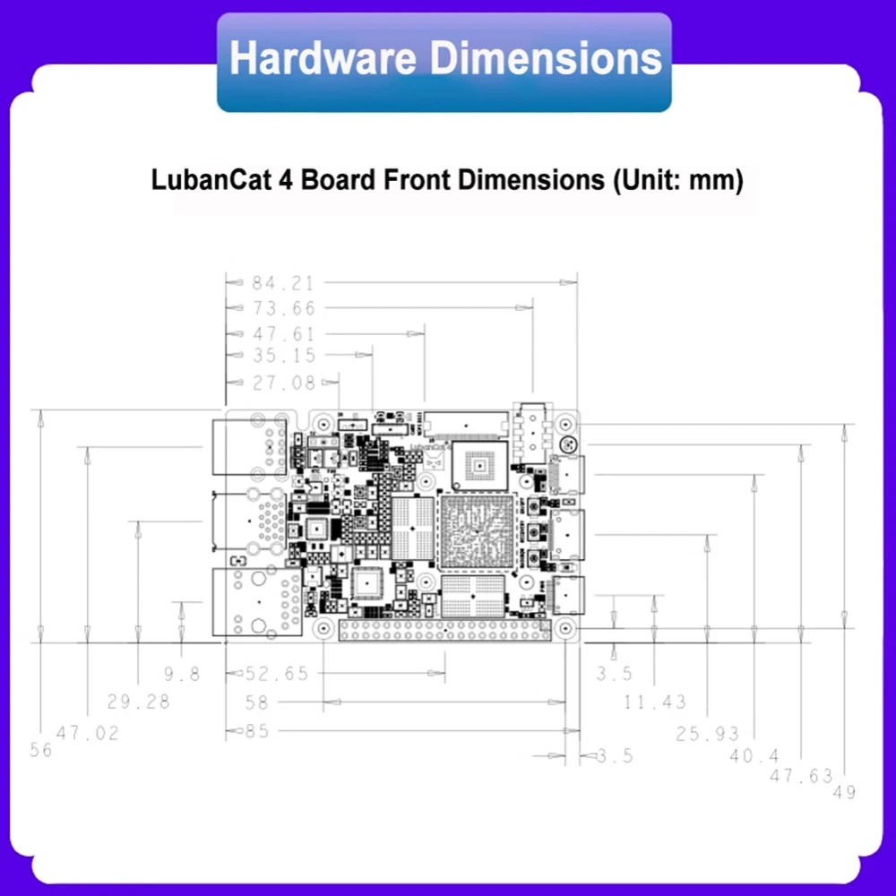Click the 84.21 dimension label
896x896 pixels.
[x=283, y=283]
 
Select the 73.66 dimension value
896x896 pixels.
[x=283, y=308]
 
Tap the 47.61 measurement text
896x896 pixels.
[x=283, y=334]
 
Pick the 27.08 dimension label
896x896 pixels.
[x=283, y=383]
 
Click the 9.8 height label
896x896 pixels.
[x=182, y=675]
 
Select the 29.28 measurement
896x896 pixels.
[x=138, y=702]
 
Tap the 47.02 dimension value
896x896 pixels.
[x=88, y=733]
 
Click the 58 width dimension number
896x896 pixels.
[x=257, y=703]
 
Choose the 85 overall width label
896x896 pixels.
[x=257, y=732]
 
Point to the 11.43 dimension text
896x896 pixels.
[x=655, y=702]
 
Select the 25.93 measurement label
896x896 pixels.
[x=708, y=735]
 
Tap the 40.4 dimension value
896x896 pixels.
[x=754, y=756]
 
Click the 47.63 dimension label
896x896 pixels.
[x=801, y=776]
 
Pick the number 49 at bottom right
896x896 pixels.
[x=844, y=792]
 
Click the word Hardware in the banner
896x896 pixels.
[x=323, y=59]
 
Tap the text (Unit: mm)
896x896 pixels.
[x=677, y=180]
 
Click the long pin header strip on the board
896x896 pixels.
[x=444, y=631]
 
